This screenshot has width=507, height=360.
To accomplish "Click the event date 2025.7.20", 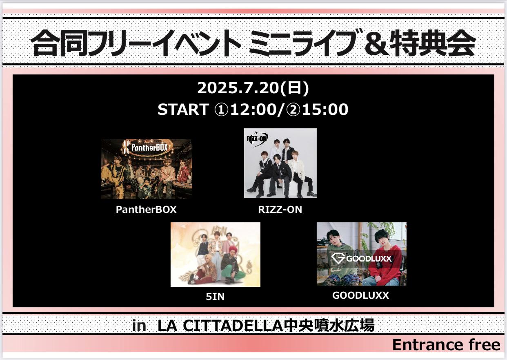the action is coord(238,88).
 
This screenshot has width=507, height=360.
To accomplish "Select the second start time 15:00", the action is coord(325,110).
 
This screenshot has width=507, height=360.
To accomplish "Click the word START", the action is coord(183,110).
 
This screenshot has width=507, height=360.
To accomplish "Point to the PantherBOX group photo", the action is coord(147,169).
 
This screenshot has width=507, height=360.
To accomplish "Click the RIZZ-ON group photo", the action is coord(280,163).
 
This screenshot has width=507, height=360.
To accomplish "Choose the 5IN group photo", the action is coord(215,255).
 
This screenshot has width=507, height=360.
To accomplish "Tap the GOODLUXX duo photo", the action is coord(361,254).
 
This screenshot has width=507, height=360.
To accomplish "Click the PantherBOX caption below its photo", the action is coord(146,210).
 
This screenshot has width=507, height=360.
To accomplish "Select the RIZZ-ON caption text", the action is coord(280,210).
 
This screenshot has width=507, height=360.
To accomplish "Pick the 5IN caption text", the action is coord(215,297).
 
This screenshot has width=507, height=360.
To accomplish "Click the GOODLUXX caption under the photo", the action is coord(360,295).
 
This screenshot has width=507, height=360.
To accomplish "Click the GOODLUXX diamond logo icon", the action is coord(338,259).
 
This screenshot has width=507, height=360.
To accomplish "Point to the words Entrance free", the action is coord(446,345).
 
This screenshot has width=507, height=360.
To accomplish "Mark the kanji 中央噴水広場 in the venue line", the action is coord(329,326).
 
